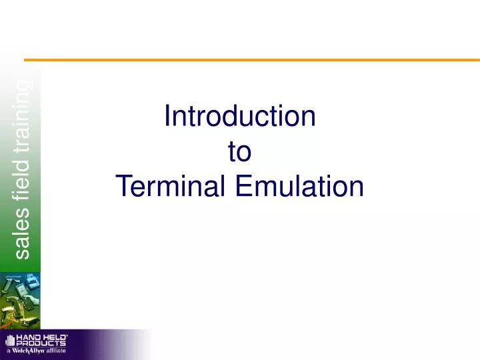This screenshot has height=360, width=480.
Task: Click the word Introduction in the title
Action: tap(239, 117)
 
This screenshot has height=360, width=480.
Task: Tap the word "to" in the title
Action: tap(239, 152)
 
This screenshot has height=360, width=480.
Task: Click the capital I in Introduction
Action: tap(167, 117)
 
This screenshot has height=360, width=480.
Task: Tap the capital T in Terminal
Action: tap(122, 186)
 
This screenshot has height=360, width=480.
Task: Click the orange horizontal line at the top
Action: tap(260, 60)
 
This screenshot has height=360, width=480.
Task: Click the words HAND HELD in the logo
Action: tap(41, 338)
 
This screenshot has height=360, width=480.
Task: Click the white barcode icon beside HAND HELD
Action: tap(10, 341)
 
